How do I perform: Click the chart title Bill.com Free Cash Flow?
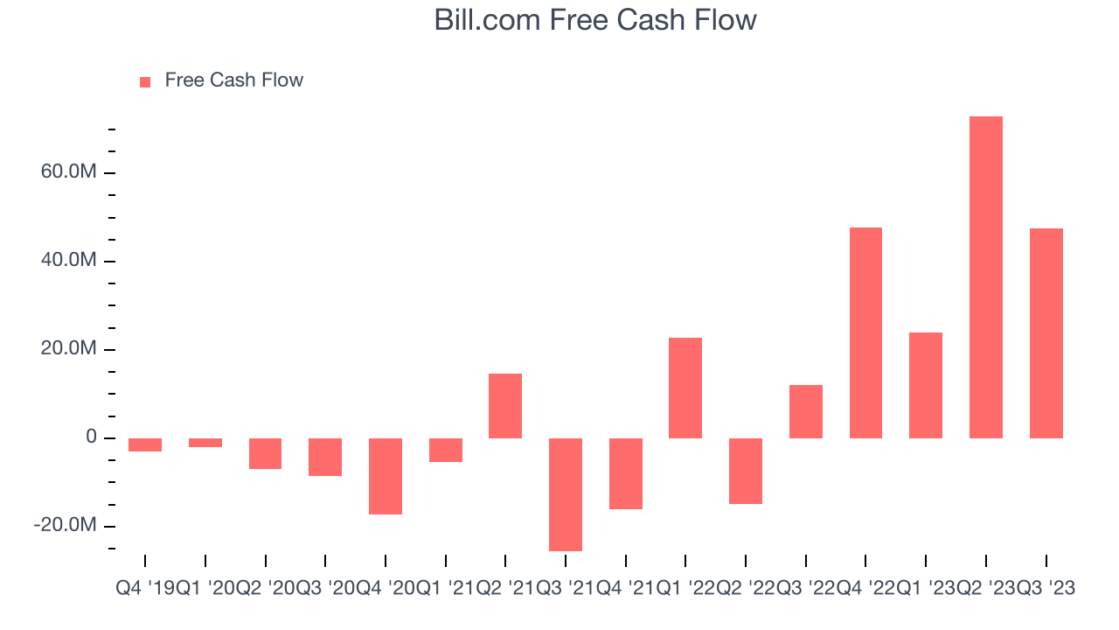(x=595, y=20)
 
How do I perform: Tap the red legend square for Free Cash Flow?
(x=145, y=81)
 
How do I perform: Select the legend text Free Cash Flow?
(x=233, y=80)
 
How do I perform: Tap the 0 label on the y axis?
(x=91, y=437)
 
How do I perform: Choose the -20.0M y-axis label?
(x=65, y=526)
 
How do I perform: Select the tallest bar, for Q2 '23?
(x=985, y=277)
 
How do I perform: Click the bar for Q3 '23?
(x=1046, y=333)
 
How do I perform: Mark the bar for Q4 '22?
(x=865, y=332)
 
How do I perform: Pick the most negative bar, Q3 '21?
(x=565, y=494)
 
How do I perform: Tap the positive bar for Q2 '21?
(x=505, y=406)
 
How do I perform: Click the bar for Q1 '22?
(x=685, y=388)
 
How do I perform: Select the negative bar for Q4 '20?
(x=385, y=476)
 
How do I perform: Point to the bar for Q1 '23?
(x=925, y=385)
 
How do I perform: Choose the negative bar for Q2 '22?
(x=745, y=471)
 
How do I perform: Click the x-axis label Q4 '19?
(x=145, y=589)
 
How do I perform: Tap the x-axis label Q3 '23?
(x=1046, y=589)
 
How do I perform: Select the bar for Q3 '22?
(x=805, y=411)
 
